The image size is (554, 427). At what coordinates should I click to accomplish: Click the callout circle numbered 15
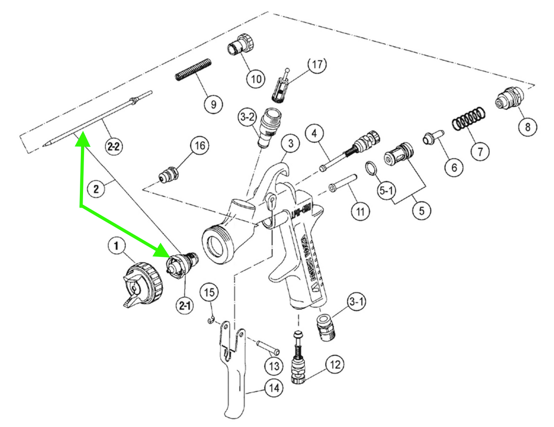(x=211, y=293)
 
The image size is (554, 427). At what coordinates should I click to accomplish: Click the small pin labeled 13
(x=266, y=346)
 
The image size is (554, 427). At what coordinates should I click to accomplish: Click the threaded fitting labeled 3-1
(x=326, y=328)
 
